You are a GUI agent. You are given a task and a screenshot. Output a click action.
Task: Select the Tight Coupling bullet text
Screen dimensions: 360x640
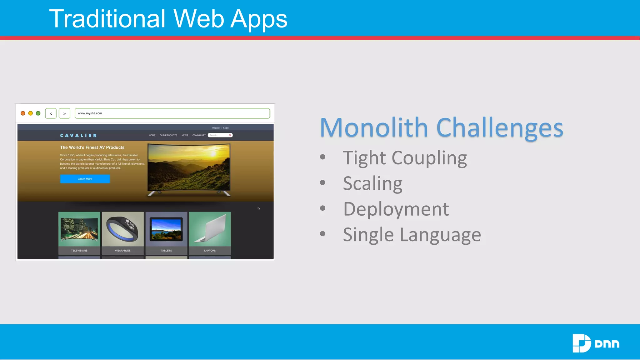pos(405,158)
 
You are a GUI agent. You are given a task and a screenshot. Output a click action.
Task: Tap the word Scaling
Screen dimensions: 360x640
pos(372,183)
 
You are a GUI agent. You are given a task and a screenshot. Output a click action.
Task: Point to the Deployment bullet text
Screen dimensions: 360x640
pos(396,209)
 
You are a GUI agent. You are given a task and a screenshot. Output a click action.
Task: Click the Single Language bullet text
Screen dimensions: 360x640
pos(412,235)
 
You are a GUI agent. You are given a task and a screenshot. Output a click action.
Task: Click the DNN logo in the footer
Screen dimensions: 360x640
pos(596,343)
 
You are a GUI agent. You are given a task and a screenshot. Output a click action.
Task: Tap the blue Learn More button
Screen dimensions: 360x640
pos(85,179)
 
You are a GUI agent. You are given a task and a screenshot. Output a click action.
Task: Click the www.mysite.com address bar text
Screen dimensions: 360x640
pos(90,113)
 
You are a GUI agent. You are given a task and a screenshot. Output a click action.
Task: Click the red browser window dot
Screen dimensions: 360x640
pos(23,113)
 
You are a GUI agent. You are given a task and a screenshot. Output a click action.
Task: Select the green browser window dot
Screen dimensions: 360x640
pos(38,113)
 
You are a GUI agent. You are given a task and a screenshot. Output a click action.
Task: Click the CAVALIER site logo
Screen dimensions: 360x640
pos(78,136)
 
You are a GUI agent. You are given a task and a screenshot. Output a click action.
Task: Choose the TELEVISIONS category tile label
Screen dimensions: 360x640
pos(79,251)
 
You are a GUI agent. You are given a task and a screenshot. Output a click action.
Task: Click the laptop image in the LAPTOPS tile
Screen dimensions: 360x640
pos(210,229)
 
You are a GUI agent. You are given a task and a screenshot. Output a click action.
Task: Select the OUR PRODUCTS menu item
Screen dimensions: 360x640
pos(168,135)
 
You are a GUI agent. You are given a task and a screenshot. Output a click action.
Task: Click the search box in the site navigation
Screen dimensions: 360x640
pos(219,135)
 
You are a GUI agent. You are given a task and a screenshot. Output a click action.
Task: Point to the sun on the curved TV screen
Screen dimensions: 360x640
pos(213,153)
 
